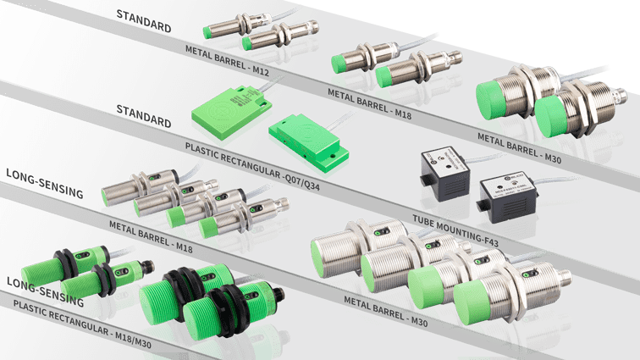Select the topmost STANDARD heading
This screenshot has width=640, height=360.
click(144, 19)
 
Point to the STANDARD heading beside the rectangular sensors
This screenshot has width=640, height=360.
click(143, 115)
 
